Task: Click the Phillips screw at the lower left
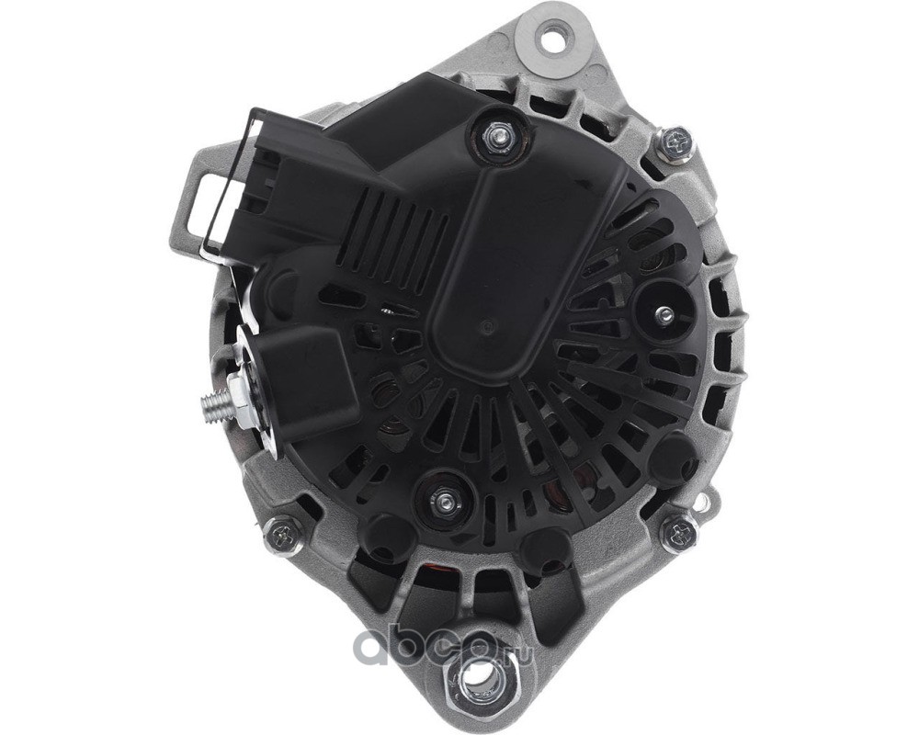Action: coord(280,534)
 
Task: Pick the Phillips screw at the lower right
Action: coord(681,531)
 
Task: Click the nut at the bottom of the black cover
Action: coord(444,501)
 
